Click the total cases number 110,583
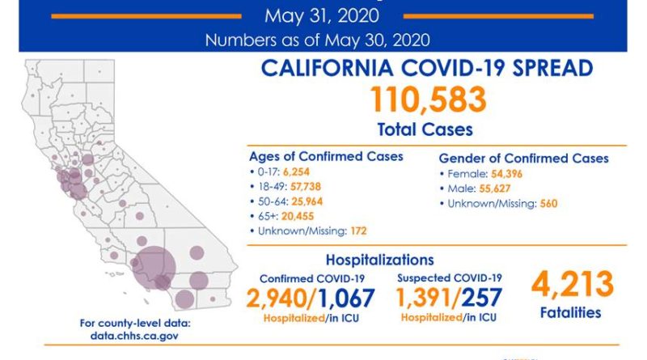coord(428,100)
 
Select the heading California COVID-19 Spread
coord(428,70)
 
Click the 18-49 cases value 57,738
coord(298,187)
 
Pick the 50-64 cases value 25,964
coord(298,201)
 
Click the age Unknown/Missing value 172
coord(358,231)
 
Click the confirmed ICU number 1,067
coord(345,298)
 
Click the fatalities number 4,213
coord(573,285)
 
